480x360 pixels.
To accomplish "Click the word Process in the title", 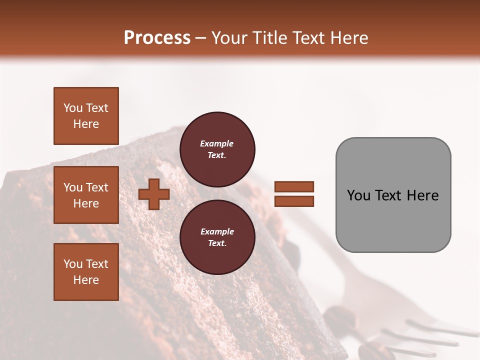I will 157,37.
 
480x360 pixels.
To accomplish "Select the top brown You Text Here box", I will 86,116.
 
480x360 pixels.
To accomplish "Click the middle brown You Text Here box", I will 86,195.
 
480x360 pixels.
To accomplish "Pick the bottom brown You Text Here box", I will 86,271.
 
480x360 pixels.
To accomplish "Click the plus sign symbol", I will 154,194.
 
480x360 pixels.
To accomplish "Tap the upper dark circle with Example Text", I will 217,149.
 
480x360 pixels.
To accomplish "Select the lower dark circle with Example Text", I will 217,237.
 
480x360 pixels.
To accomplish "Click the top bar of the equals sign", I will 294,186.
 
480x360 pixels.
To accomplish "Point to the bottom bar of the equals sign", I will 294,201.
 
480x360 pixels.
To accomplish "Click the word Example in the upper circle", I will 217,143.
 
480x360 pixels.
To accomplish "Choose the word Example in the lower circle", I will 217,231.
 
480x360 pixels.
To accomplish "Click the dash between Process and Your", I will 201,38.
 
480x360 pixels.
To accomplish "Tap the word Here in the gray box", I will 423,195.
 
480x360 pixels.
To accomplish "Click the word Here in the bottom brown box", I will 86,280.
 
